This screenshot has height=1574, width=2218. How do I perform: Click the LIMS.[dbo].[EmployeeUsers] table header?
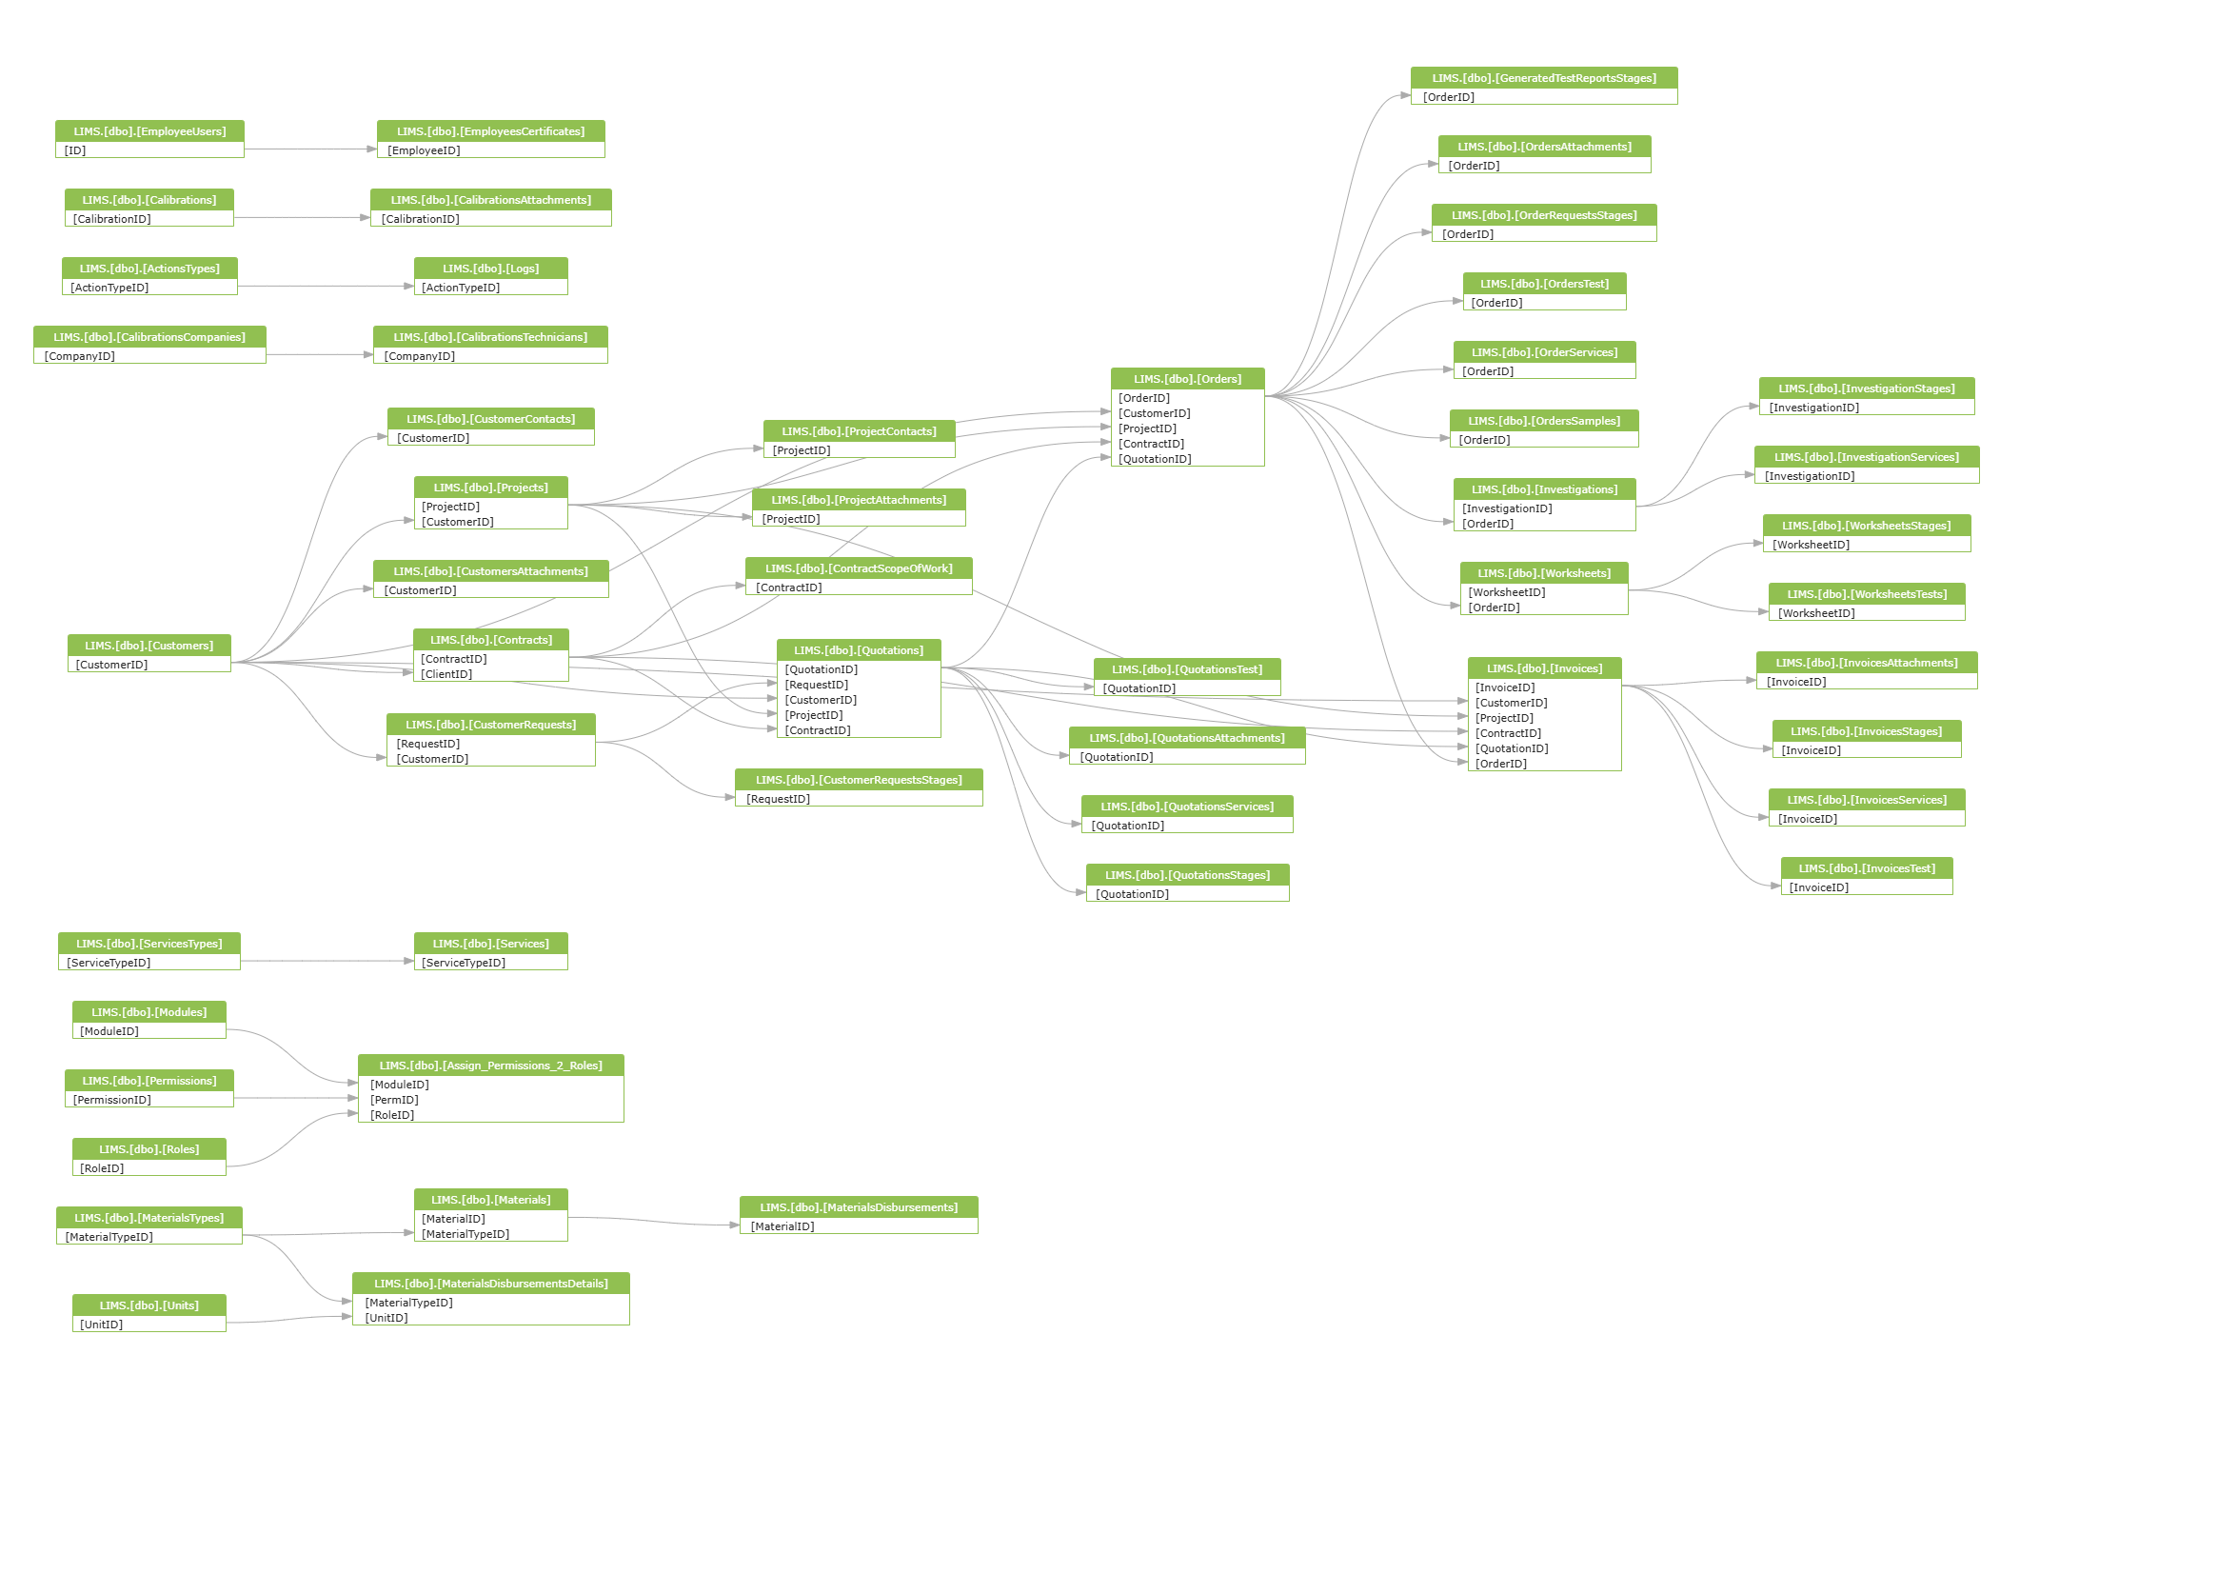(x=149, y=130)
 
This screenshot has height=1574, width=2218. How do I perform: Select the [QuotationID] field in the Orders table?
(x=1154, y=459)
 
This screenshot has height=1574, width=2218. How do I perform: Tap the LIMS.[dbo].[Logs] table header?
(x=490, y=269)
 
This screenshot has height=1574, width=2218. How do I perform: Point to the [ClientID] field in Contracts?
(x=446, y=674)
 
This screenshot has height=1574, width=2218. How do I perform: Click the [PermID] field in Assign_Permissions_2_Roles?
(x=394, y=1100)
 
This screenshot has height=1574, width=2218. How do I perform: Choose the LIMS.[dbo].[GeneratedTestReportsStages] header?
(x=1544, y=78)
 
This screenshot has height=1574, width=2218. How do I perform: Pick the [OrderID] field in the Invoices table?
(x=1501, y=764)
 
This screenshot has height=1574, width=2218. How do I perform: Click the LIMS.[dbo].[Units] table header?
(x=149, y=1305)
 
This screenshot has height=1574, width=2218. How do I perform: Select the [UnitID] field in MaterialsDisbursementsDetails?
(x=386, y=1318)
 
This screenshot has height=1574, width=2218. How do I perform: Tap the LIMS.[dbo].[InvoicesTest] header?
(x=1866, y=868)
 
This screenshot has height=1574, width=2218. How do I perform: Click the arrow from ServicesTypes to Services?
(x=327, y=962)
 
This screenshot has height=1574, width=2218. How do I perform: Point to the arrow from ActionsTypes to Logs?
(x=326, y=286)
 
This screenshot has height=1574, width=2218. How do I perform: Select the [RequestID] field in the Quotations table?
(x=816, y=686)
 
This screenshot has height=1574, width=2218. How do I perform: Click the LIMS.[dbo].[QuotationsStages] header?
(x=1187, y=875)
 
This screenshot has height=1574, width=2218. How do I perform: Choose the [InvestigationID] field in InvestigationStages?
(x=1814, y=408)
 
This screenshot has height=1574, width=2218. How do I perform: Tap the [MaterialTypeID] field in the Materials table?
(x=465, y=1235)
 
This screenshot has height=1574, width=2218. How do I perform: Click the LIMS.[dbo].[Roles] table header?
(x=149, y=1149)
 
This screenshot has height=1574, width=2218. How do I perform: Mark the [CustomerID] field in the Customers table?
(x=111, y=665)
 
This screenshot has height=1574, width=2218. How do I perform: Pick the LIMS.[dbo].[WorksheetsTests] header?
(x=1866, y=594)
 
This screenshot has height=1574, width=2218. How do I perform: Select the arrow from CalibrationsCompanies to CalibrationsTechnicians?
(x=320, y=355)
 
